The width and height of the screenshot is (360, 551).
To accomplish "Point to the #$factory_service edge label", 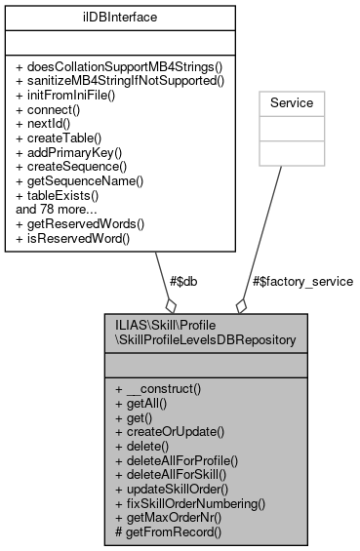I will point(301,281).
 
